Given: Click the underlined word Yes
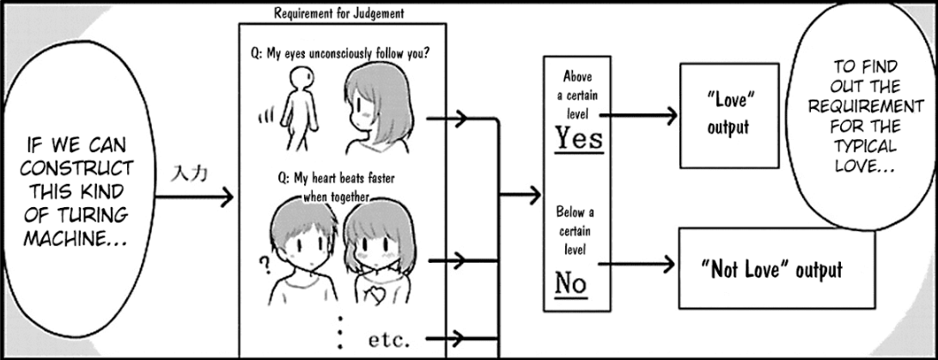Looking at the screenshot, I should (x=580, y=137).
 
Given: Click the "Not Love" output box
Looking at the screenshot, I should (x=776, y=269).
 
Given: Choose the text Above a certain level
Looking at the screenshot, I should (x=574, y=93).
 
